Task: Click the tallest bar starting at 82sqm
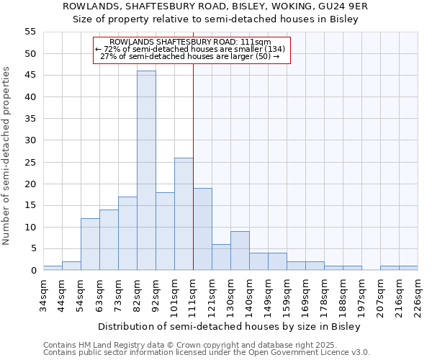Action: pyautogui.click(x=146, y=171)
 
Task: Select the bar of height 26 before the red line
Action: pyautogui.click(x=184, y=214)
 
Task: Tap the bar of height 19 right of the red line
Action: pyautogui.click(x=202, y=229)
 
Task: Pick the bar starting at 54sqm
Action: pyautogui.click(x=90, y=244)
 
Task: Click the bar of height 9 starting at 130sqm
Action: pyautogui.click(x=240, y=251)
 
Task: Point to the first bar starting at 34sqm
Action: pyautogui.click(x=53, y=268)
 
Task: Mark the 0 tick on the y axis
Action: pyautogui.click(x=32, y=271)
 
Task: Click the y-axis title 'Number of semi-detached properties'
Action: pyautogui.click(x=7, y=155)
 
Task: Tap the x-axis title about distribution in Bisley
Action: pyautogui.click(x=230, y=326)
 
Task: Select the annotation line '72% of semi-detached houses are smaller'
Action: pyautogui.click(x=191, y=49)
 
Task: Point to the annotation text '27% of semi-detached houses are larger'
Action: pyautogui.click(x=191, y=56)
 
